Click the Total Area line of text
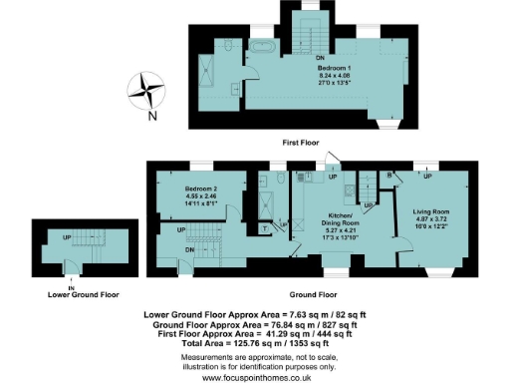pyautogui.click(x=254, y=344)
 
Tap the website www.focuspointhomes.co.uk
pyautogui.click(x=254, y=377)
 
